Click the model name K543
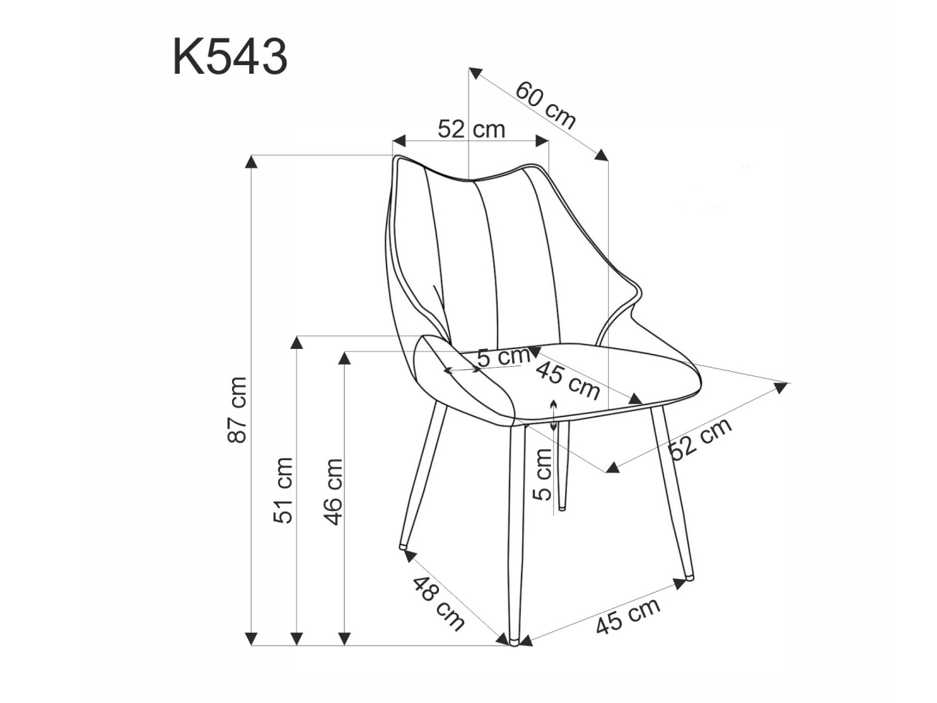230,57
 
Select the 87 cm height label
239,409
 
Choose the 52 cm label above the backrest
471,129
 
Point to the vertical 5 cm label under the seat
544,473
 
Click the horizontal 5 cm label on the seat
503,355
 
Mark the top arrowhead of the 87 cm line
251,161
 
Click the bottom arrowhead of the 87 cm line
251,638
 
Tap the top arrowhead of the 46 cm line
345,358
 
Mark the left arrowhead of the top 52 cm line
399,140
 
